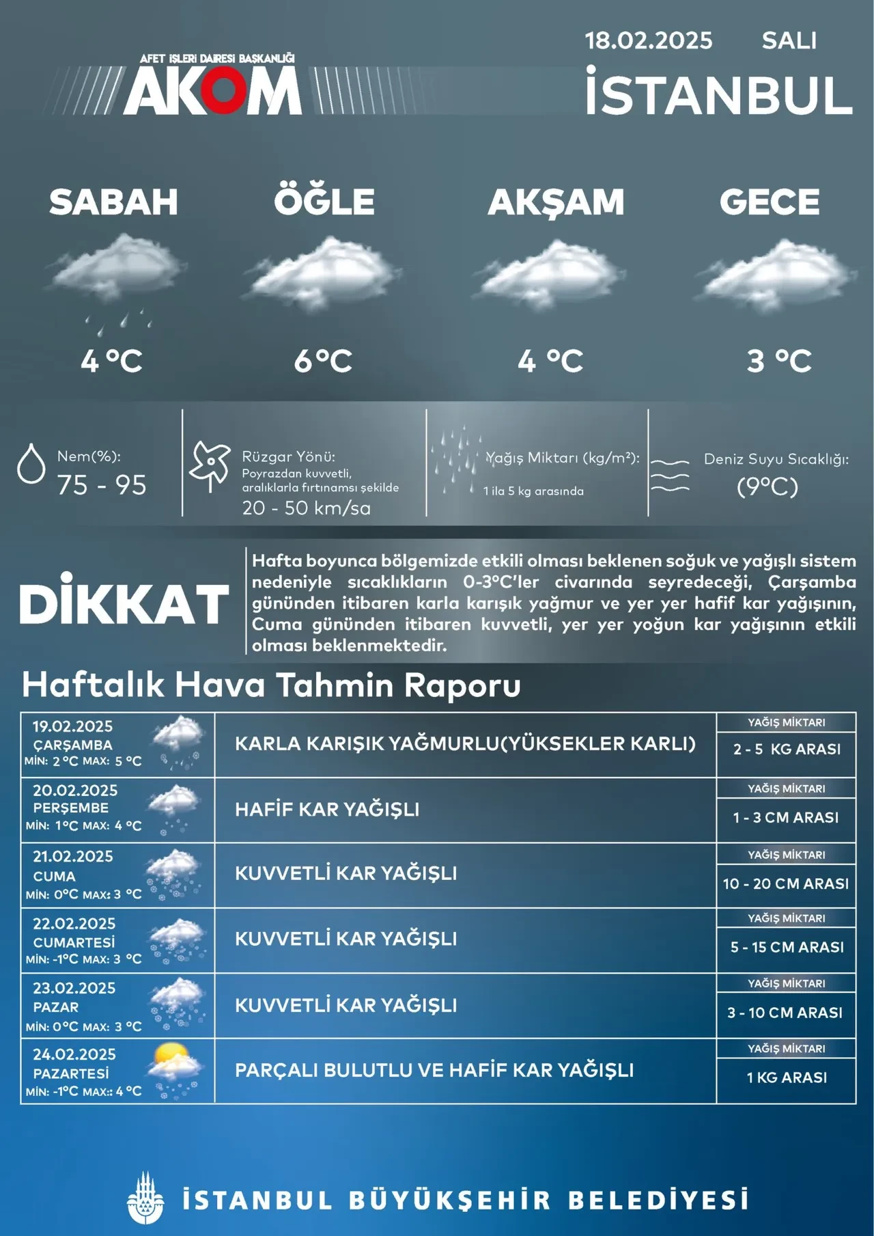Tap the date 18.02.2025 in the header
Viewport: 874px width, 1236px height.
point(648,41)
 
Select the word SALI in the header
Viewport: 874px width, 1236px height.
point(789,41)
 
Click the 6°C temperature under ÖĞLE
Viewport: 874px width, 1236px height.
point(323,361)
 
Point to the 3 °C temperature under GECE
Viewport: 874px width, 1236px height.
point(778,361)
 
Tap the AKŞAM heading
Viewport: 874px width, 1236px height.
point(556,202)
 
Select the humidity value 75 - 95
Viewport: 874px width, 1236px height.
point(102,485)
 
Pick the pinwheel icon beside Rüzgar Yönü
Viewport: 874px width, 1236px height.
point(210,465)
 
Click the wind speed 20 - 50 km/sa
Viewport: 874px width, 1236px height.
point(306,508)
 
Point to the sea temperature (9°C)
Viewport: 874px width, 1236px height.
point(767,486)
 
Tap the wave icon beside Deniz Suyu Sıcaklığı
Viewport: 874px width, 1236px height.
point(669,476)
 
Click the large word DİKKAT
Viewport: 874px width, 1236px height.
point(124,602)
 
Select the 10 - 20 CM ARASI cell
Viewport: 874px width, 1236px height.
point(786,883)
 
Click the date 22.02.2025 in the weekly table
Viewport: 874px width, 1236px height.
point(74,924)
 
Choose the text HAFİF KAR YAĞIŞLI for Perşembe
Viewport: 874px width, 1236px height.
point(327,810)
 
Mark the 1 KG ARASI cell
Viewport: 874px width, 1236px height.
point(787,1077)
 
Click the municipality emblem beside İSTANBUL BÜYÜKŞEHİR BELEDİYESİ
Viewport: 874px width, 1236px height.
point(145,1199)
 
